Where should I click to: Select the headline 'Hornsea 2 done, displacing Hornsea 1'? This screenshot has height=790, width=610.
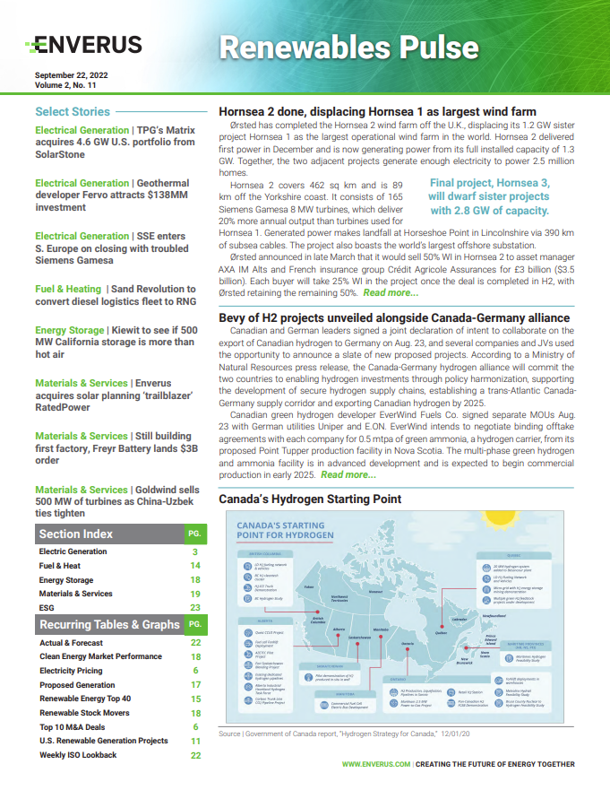pyautogui.click(x=377, y=112)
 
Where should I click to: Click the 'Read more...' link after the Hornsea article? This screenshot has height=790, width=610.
pyautogui.click(x=391, y=293)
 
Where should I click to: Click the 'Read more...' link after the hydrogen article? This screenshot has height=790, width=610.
pyautogui.click(x=348, y=474)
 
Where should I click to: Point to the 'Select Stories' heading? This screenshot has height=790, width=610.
pyautogui.click(x=73, y=112)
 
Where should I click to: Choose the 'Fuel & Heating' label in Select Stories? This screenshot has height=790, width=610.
pyautogui.click(x=68, y=289)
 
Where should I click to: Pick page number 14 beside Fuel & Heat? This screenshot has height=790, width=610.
pyautogui.click(x=194, y=566)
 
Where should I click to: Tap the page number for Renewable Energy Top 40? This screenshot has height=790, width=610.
pyautogui.click(x=194, y=699)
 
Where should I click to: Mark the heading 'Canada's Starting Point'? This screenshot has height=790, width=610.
pyautogui.click(x=310, y=499)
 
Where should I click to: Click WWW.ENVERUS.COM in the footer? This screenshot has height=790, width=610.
pyautogui.click(x=376, y=765)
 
